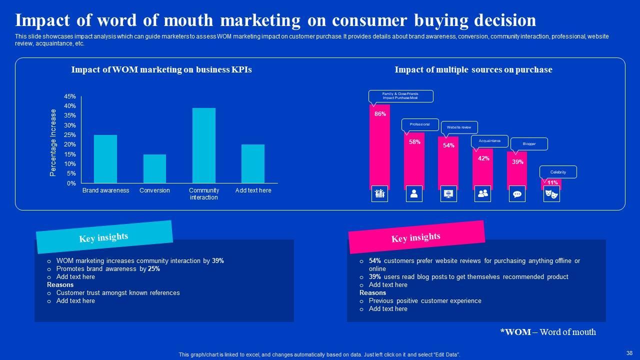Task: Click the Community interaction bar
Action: (204, 145)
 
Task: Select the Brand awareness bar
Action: (105, 159)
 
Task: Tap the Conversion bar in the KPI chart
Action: (154, 168)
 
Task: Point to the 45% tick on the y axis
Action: (70, 96)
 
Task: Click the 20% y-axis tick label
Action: (70, 144)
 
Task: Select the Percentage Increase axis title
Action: (53, 142)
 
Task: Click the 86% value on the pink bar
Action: (380, 114)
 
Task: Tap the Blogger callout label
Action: (529, 144)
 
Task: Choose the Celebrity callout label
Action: (558, 172)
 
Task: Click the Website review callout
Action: (459, 127)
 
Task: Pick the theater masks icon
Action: (551, 194)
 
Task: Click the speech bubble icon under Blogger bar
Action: (517, 194)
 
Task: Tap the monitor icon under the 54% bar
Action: (448, 194)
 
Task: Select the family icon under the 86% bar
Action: (380, 194)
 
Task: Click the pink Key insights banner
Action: (416, 237)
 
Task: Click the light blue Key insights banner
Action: (104, 237)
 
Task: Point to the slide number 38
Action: (629, 352)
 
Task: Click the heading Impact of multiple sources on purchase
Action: (473, 70)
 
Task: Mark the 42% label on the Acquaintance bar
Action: (483, 158)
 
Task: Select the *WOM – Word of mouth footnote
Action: (548, 332)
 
